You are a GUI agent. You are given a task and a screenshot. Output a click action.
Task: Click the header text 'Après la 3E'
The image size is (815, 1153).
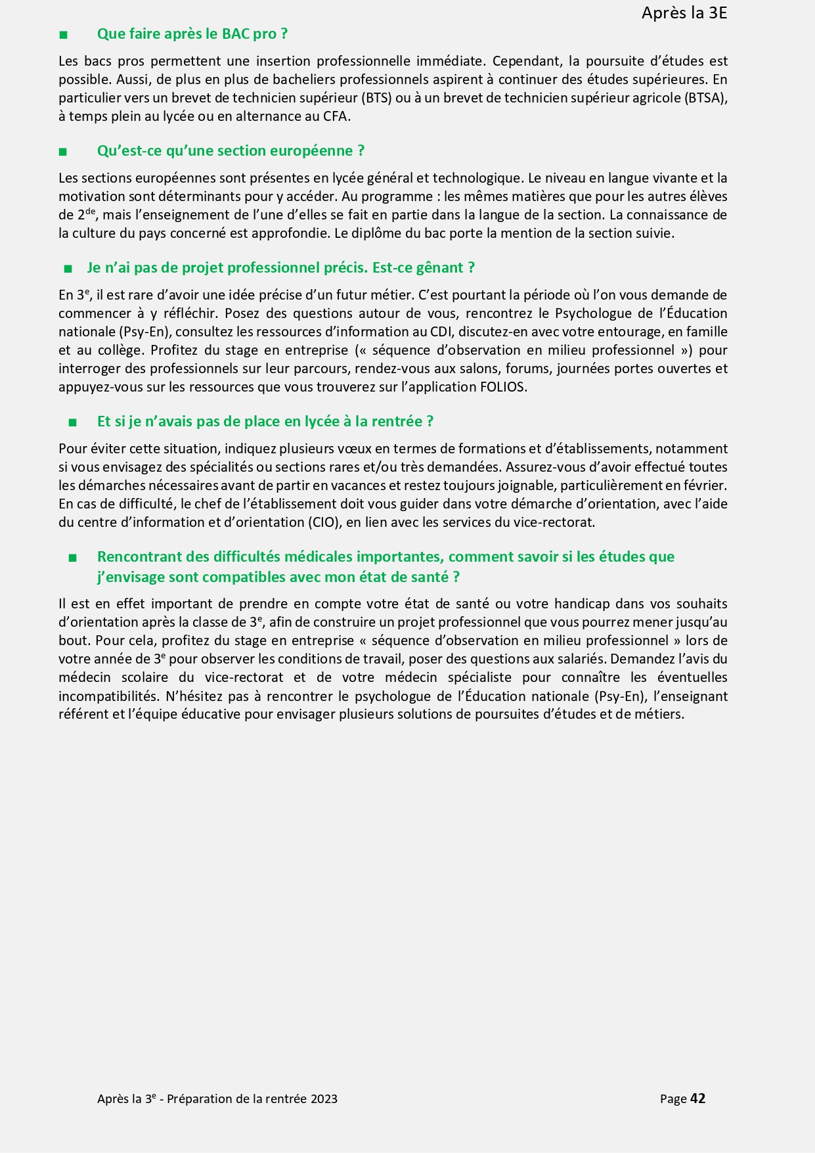(684, 13)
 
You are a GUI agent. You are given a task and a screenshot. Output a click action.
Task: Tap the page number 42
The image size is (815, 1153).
(698, 1098)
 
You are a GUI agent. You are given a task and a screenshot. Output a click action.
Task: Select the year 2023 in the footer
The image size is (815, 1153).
(324, 1099)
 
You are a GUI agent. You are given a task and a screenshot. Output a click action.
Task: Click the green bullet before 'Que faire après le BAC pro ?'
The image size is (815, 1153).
(63, 35)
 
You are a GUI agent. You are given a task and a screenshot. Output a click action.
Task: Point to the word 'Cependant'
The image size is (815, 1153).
(526, 61)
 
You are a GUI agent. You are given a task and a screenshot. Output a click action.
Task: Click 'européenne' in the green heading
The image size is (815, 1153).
(318, 151)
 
